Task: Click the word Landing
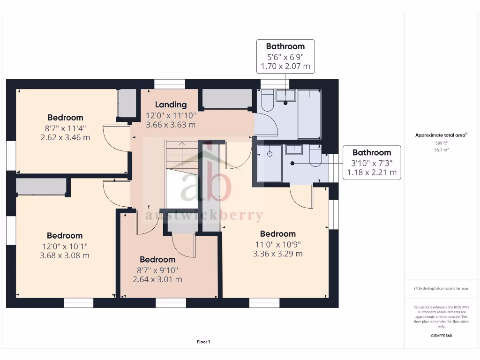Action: [x=171, y=105]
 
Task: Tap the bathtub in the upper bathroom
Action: [x=309, y=114]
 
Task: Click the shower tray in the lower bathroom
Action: [x=270, y=163]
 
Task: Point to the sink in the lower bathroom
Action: [x=294, y=150]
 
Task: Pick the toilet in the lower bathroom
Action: [x=315, y=157]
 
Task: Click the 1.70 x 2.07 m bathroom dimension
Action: [x=285, y=66]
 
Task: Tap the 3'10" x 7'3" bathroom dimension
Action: [x=372, y=163]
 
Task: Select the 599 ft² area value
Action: [x=441, y=143]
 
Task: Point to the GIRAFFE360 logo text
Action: [x=441, y=336]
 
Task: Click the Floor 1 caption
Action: [x=203, y=342]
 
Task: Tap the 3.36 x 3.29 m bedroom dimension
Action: [x=278, y=254]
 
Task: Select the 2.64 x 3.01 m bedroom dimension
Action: [x=157, y=279]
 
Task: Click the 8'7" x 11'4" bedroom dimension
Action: [x=65, y=127]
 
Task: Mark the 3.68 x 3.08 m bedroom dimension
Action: [x=65, y=255]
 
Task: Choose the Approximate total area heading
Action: [x=441, y=135]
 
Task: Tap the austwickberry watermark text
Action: [x=204, y=216]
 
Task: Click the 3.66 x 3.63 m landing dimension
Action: [x=171, y=125]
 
